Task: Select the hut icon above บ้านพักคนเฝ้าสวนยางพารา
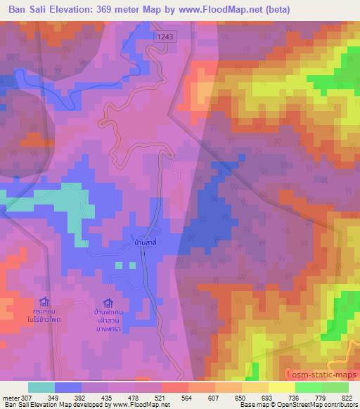[x=108, y=302]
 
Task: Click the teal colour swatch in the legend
[x=41, y=387]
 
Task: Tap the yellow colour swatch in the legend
[x=281, y=387]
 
